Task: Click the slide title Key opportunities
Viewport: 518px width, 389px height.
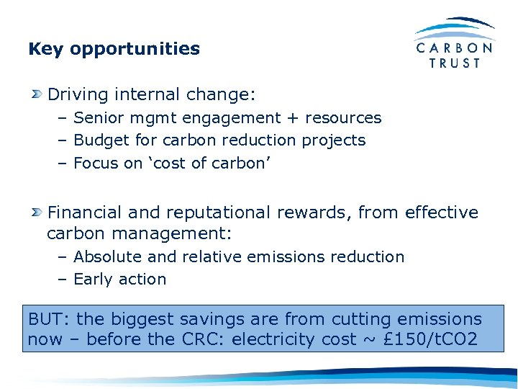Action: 114,49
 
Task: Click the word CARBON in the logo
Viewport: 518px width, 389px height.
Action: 455,48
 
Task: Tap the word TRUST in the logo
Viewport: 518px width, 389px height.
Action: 455,63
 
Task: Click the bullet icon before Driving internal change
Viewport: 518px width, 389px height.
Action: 37,94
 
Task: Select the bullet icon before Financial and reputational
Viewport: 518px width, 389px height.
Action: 37,213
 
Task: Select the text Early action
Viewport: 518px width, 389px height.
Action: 119,279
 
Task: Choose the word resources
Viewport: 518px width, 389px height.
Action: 343,117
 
